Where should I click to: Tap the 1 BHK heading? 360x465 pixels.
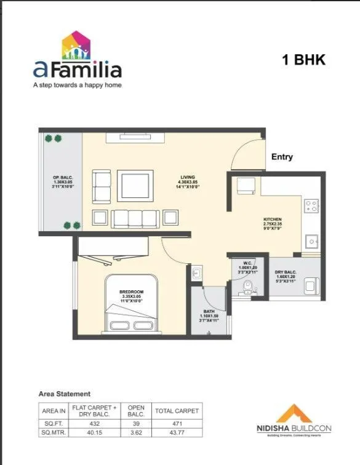(x=303, y=60)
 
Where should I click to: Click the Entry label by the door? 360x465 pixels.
(x=282, y=157)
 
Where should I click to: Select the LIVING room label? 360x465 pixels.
(x=186, y=178)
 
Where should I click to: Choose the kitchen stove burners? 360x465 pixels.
(x=311, y=206)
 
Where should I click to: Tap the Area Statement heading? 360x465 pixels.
(x=65, y=394)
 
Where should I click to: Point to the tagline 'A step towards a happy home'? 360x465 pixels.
(x=77, y=85)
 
